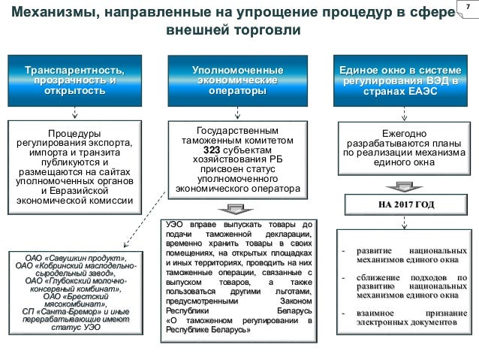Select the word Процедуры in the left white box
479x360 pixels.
75,132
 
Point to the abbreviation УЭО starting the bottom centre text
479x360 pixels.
175,224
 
